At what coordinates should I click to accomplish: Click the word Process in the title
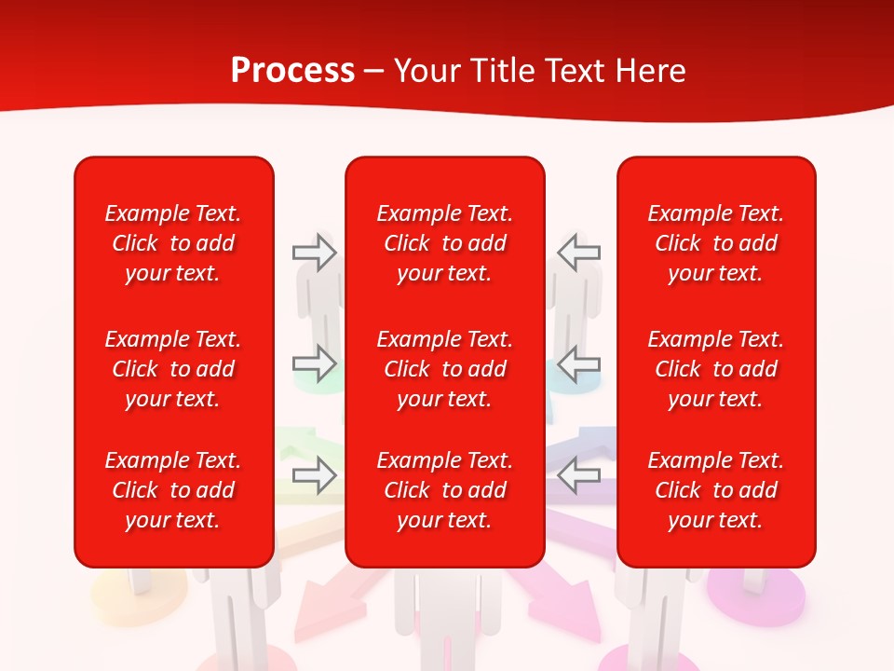click(292, 71)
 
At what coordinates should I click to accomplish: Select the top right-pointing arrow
click(315, 253)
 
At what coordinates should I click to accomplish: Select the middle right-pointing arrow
click(315, 363)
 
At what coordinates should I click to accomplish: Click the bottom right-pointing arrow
click(315, 475)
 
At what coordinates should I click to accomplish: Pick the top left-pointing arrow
click(579, 253)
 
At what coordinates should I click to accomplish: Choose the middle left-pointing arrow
click(579, 363)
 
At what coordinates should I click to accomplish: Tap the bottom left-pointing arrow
click(579, 475)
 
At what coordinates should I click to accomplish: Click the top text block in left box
click(173, 243)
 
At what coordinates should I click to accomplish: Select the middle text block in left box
click(173, 369)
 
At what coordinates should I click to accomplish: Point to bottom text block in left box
click(173, 490)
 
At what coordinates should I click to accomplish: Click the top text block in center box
click(444, 243)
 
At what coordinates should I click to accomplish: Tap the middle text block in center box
click(444, 369)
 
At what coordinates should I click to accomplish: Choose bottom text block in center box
click(444, 490)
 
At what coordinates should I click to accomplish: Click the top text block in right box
click(715, 243)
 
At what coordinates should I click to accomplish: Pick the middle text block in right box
click(715, 369)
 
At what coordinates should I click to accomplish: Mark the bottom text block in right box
click(715, 490)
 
